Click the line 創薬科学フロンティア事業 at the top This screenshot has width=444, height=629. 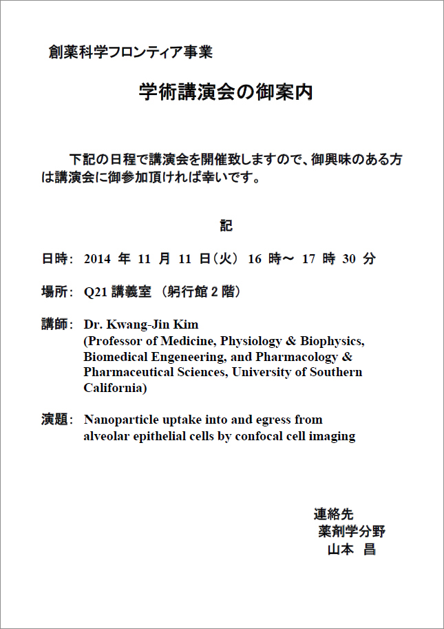(130, 52)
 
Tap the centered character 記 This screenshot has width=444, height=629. (226, 225)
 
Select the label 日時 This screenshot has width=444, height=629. (54, 259)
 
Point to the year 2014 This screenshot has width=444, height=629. (96, 259)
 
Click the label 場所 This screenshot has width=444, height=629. (54, 292)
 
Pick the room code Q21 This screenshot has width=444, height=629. (94, 292)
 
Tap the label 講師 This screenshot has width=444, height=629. (54, 324)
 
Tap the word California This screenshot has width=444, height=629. (113, 388)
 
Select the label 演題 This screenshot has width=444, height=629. (54, 420)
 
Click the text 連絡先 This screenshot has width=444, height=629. (334, 514)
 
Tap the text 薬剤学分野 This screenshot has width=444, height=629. (351, 532)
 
